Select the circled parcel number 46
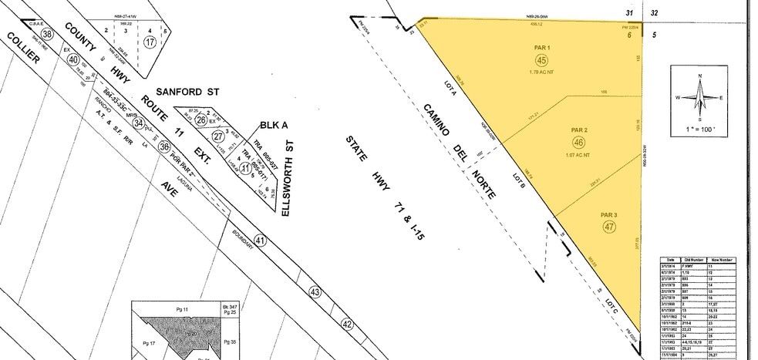pyautogui.click(x=579, y=143)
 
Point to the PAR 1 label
pyautogui.click(x=541, y=48)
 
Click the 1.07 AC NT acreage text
pyautogui.click(x=579, y=155)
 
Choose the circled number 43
pyautogui.click(x=315, y=292)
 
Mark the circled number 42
pyautogui.click(x=347, y=324)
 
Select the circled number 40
pyautogui.click(x=73, y=59)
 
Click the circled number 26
pyautogui.click(x=200, y=119)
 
